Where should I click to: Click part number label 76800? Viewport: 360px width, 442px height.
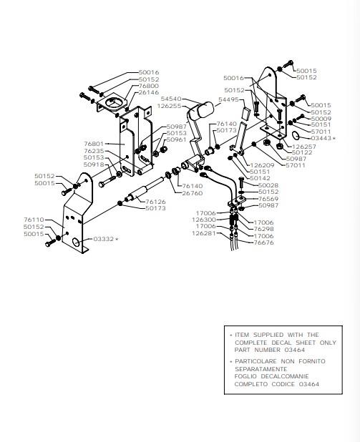[149, 86]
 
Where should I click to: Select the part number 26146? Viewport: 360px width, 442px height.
[149, 92]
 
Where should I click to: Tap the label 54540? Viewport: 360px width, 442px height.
[171, 99]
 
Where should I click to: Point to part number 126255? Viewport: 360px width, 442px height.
[170, 106]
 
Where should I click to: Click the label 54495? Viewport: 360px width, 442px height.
[228, 99]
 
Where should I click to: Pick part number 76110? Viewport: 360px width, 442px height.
[34, 220]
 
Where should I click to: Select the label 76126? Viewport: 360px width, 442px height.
[155, 202]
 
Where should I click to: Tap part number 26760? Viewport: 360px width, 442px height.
[193, 193]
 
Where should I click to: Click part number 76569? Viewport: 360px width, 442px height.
[268, 199]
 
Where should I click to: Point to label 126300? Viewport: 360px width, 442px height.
[204, 220]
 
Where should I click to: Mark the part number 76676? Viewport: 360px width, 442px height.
[264, 242]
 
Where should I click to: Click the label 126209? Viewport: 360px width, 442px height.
[262, 165]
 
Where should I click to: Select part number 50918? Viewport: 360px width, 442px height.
[94, 164]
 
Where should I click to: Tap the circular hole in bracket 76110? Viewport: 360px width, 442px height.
[76, 242]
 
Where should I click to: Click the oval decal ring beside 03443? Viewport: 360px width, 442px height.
[296, 135]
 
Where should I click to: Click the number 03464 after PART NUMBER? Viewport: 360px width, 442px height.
[295, 350]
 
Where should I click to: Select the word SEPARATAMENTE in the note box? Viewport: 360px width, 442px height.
[261, 369]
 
